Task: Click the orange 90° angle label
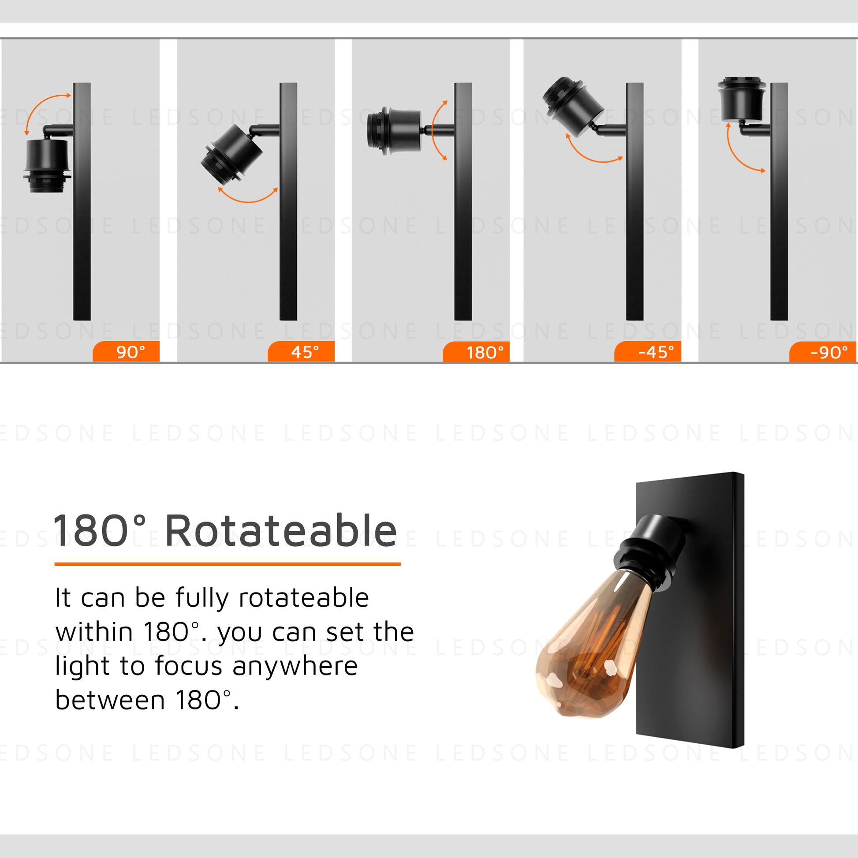126,352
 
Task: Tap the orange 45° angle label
301,352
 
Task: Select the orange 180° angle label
476,352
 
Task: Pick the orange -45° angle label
648,352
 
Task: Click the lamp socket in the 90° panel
47,165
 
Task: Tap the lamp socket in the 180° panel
394,131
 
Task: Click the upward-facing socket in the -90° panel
742,99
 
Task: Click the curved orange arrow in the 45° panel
247,201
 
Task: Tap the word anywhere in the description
295,667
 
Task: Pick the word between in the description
110,701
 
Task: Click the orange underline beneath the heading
228,564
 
